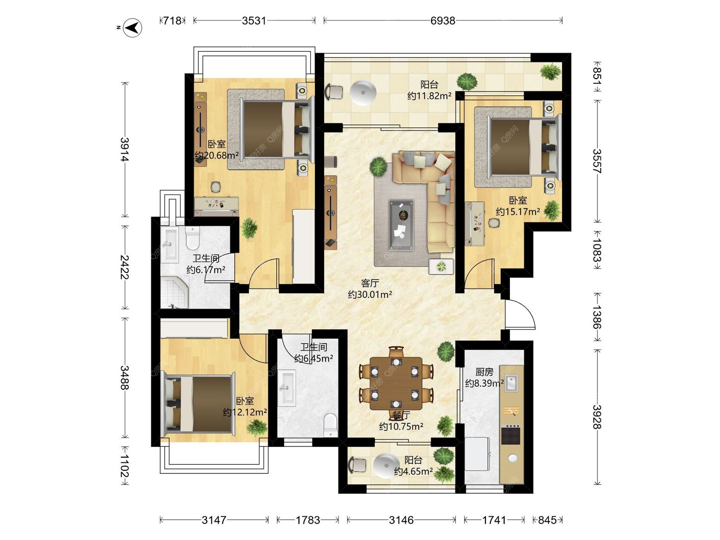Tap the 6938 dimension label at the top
pyautogui.click(x=442, y=21)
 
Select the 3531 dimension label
pyautogui.click(x=254, y=21)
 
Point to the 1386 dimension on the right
pyautogui.click(x=597, y=317)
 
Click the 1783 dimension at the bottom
pyautogui.click(x=308, y=520)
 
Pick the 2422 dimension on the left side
pyautogui.click(x=124, y=267)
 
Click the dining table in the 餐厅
pyautogui.click(x=396, y=382)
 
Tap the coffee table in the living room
pyautogui.click(x=401, y=225)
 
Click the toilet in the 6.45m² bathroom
pyautogui.click(x=330, y=425)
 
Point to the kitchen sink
pyautogui.click(x=511, y=383)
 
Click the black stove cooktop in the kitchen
pyautogui.click(x=511, y=434)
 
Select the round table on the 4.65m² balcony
pyautogui.click(x=385, y=466)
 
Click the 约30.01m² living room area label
pyautogui.click(x=370, y=294)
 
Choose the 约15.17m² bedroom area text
pyautogui.click(x=518, y=211)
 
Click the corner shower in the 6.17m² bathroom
pyautogui.click(x=174, y=292)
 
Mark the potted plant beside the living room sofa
pyautogui.click(x=378, y=166)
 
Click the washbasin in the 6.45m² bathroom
pyautogui.click(x=287, y=388)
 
